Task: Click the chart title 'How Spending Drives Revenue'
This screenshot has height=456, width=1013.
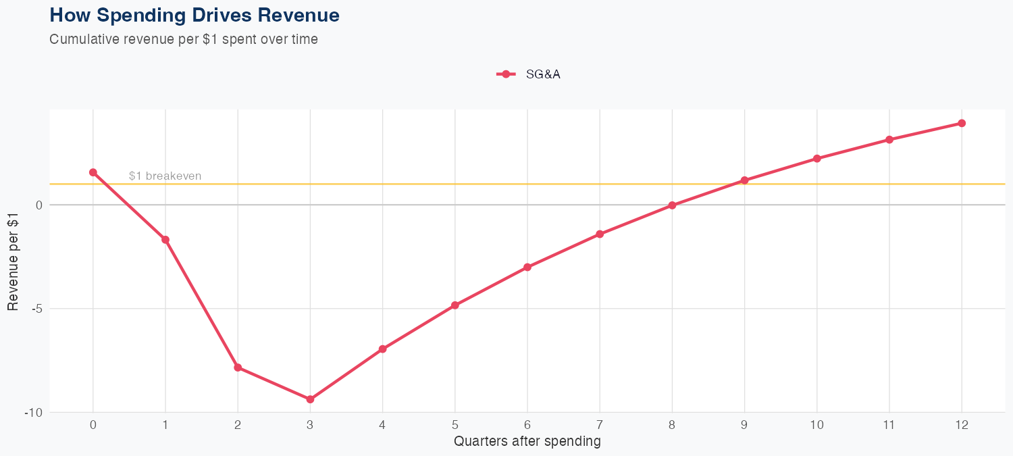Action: [x=194, y=15]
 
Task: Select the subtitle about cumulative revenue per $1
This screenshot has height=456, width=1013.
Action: [x=184, y=39]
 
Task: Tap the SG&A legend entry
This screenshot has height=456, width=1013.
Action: [x=529, y=74]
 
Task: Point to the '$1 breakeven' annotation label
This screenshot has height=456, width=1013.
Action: [x=165, y=176]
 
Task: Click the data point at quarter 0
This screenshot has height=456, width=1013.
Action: [x=93, y=172]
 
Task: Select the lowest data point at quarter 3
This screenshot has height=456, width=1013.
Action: [x=310, y=399]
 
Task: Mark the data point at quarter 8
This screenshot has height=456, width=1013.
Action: [x=672, y=205]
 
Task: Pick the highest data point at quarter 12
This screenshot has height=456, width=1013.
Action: [x=962, y=123]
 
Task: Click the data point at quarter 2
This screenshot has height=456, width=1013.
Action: [x=238, y=368]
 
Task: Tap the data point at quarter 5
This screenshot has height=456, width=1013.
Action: [x=455, y=305]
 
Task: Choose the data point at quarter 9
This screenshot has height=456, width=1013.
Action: [x=744, y=180]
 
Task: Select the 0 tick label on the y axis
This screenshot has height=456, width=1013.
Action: [x=38, y=205]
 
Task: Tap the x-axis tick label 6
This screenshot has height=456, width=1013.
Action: [x=527, y=425]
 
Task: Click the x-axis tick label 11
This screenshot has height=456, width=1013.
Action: [x=889, y=425]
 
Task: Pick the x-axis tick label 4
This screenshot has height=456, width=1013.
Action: [x=382, y=425]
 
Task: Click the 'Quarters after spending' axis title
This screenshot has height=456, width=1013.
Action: [x=527, y=442]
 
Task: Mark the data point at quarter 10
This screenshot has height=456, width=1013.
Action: [x=816, y=159]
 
